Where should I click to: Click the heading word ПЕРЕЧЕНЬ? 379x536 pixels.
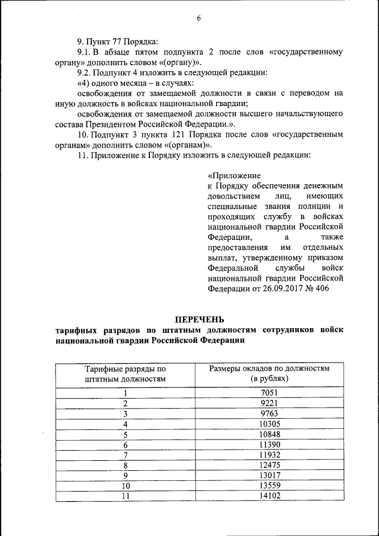(x=198, y=320)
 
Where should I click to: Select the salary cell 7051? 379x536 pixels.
(x=269, y=392)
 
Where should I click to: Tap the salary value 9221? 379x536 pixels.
(x=269, y=403)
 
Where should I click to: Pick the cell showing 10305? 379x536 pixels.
(x=269, y=423)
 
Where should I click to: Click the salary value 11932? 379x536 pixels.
(x=269, y=454)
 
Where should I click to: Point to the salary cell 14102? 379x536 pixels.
(x=269, y=496)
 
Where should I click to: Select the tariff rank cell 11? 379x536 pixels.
(x=125, y=496)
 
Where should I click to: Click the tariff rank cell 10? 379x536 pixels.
(x=125, y=486)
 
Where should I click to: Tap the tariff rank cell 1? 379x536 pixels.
(x=125, y=392)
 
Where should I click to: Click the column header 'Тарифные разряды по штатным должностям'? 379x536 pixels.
(x=125, y=373)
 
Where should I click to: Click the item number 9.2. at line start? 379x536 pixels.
(x=86, y=73)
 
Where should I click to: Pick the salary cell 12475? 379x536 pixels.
(x=269, y=465)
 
